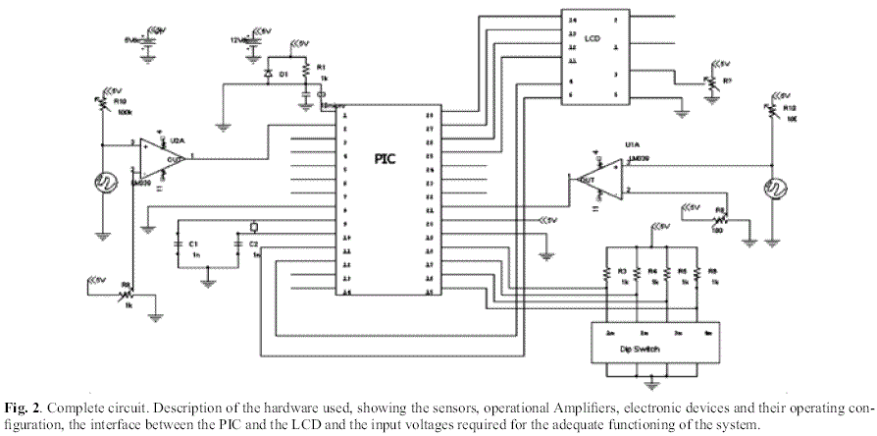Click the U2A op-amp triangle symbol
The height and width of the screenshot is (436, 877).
[157, 155]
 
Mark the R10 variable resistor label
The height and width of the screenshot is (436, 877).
[121, 100]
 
